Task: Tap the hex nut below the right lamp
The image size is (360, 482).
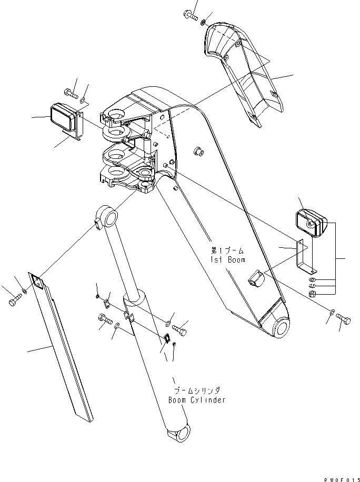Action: [312, 294]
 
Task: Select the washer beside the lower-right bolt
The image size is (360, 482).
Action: [330, 314]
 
